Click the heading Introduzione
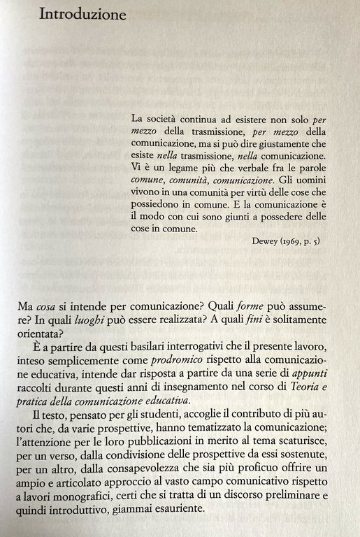click(x=82, y=15)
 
